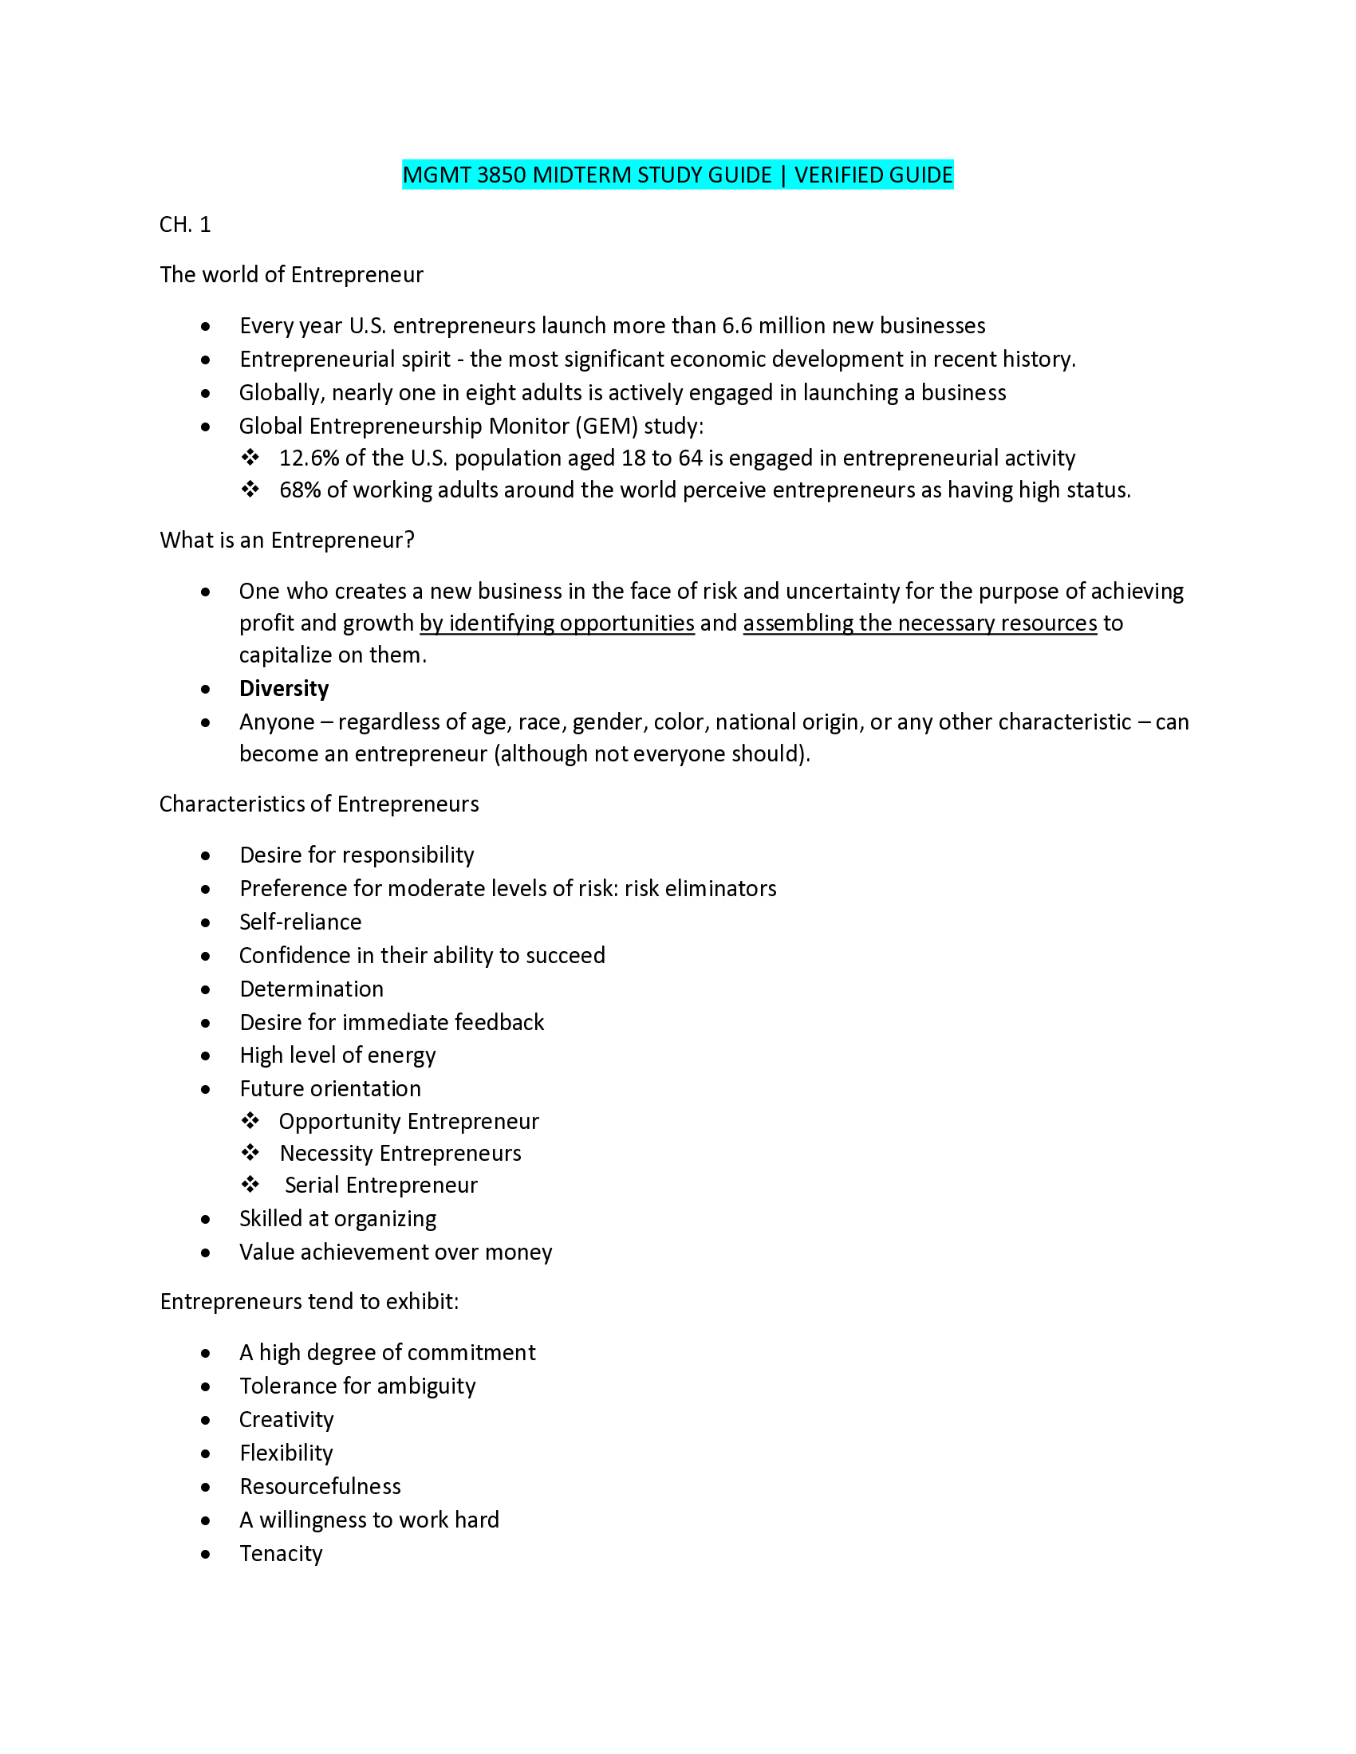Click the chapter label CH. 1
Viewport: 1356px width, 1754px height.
(x=185, y=225)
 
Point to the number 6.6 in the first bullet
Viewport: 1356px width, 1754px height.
(x=737, y=326)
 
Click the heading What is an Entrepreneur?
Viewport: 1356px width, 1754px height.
(x=287, y=541)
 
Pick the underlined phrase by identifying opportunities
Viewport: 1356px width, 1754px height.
(x=557, y=623)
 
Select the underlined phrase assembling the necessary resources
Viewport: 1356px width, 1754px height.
(x=920, y=623)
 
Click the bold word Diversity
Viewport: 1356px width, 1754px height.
(x=284, y=689)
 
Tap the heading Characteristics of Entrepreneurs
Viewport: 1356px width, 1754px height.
(x=319, y=804)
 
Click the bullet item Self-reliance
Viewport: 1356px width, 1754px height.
(x=301, y=922)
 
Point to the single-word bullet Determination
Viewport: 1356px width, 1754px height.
(x=312, y=989)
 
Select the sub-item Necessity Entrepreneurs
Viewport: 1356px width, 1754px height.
(x=400, y=1154)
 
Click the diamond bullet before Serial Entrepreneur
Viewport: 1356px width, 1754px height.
(x=250, y=1185)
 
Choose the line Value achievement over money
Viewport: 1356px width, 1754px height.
(x=395, y=1253)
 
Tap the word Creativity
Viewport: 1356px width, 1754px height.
(x=286, y=1420)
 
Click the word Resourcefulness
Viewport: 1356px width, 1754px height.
(x=320, y=1487)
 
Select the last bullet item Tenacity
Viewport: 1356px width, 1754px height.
(x=280, y=1554)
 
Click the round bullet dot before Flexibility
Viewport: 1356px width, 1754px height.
(x=207, y=1454)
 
